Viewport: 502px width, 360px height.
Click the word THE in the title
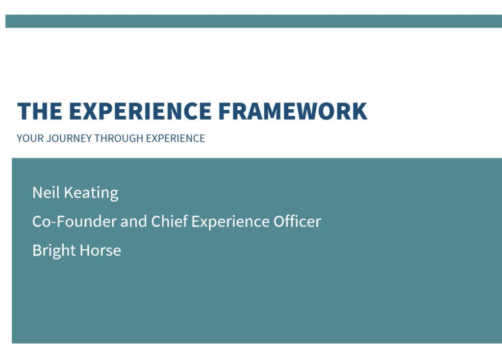click(40, 111)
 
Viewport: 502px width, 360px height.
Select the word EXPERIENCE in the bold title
click(140, 111)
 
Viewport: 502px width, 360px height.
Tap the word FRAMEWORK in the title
click(293, 111)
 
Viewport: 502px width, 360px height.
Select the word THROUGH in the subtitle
click(119, 138)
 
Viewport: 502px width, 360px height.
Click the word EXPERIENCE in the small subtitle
click(176, 138)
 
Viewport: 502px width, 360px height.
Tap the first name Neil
click(46, 192)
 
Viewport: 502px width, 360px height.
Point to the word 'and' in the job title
click(133, 221)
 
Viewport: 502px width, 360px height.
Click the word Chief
click(169, 221)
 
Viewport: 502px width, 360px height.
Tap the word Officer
click(297, 221)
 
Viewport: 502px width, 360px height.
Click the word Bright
click(54, 251)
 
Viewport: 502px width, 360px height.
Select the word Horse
click(100, 250)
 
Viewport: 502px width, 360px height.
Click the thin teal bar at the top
click(253, 21)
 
